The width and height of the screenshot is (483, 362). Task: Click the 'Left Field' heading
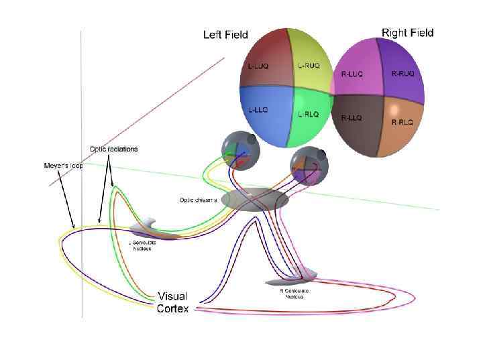pos(225,35)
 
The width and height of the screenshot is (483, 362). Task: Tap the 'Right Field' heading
pos(407,32)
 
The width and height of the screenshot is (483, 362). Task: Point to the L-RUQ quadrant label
pos(309,66)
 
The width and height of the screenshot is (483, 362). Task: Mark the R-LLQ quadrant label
pos(352,118)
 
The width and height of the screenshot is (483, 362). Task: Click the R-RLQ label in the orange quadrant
pos(403,123)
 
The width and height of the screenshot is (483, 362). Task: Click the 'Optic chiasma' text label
pos(199,200)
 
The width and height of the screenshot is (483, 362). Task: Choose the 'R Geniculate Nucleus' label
pos(293,294)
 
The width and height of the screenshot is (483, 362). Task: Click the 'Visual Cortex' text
pos(172,302)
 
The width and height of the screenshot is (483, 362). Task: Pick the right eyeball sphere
pos(307,164)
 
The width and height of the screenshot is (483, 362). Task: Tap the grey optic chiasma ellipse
pos(255,200)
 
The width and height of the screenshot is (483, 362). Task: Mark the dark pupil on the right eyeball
pos(321,156)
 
